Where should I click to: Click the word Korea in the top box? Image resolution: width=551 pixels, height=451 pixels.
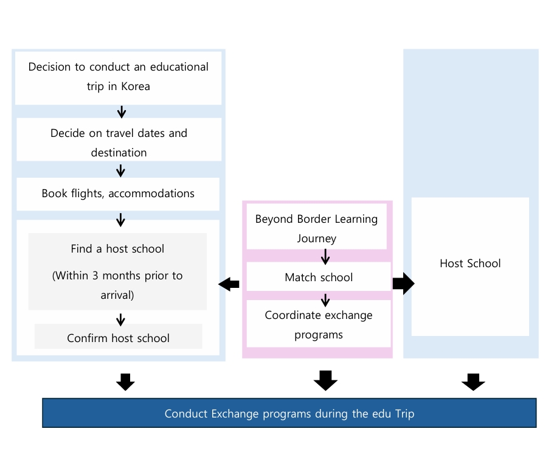click(x=135, y=86)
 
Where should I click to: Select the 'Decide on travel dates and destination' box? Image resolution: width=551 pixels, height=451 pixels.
click(x=119, y=139)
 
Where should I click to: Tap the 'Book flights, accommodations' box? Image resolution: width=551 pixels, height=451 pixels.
click(x=118, y=194)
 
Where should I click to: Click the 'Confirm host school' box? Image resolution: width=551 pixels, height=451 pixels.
click(x=118, y=337)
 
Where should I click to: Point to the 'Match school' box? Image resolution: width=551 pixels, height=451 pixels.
click(x=319, y=276)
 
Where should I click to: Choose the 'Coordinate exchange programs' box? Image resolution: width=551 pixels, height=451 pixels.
click(x=319, y=324)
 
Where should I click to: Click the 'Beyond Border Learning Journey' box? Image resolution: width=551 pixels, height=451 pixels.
click(x=317, y=226)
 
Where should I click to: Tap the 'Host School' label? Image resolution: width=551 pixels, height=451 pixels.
click(x=470, y=263)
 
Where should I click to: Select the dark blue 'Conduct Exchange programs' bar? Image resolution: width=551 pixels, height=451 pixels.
click(x=289, y=413)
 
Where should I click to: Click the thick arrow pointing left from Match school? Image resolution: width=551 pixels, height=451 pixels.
click(x=229, y=284)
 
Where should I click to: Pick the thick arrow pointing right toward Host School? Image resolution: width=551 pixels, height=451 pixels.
click(x=403, y=283)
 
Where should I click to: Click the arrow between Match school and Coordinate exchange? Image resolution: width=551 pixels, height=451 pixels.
click(x=325, y=300)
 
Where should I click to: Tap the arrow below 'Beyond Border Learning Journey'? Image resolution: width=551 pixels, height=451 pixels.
click(x=325, y=257)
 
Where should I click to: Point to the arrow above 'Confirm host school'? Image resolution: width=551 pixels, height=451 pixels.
click(x=120, y=320)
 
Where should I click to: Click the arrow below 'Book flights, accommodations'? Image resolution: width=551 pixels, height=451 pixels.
click(x=120, y=220)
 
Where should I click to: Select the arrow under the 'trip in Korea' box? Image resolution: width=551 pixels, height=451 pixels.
click(x=122, y=112)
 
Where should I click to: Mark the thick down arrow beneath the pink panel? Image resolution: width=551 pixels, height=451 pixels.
click(x=325, y=380)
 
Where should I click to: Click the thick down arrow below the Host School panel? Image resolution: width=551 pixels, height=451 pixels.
click(x=473, y=382)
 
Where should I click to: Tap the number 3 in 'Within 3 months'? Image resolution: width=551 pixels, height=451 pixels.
click(x=95, y=276)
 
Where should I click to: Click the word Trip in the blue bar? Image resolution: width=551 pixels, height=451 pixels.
click(x=404, y=414)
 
